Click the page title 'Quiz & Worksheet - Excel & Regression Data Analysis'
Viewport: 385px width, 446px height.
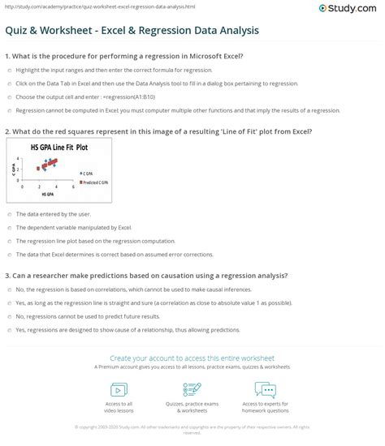(x=132, y=32)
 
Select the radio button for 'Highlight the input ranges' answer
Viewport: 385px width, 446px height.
(x=9, y=71)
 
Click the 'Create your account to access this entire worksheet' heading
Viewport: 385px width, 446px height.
(x=192, y=358)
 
